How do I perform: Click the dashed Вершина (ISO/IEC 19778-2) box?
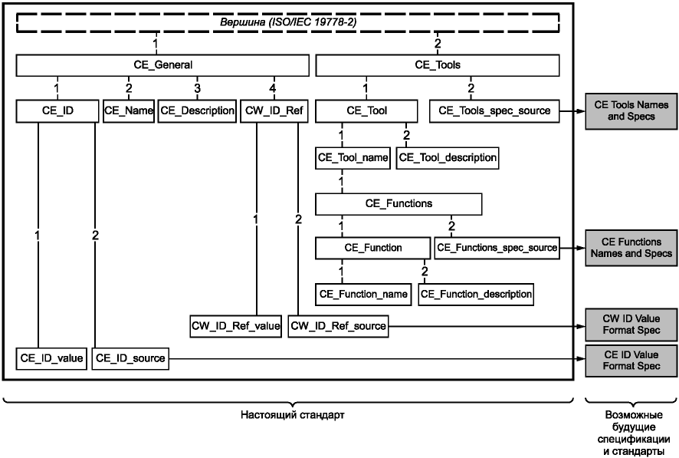click(x=288, y=22)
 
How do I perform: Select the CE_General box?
click(x=162, y=65)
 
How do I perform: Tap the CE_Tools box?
click(x=438, y=65)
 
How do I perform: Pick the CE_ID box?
click(x=57, y=111)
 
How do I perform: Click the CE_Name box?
click(x=129, y=111)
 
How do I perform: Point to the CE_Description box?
click(x=197, y=111)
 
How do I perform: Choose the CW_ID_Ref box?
click(x=274, y=111)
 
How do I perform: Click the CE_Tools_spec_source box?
click(x=494, y=111)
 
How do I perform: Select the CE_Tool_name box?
click(x=353, y=158)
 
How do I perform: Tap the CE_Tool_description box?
click(x=448, y=158)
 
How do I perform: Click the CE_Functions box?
click(x=399, y=204)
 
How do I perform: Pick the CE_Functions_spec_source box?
click(x=497, y=248)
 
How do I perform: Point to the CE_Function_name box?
click(x=363, y=295)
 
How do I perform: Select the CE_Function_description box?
click(x=476, y=295)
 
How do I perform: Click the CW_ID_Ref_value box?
click(x=235, y=326)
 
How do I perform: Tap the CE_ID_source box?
click(x=130, y=358)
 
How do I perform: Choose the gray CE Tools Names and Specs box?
click(x=631, y=111)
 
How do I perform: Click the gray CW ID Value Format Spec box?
click(x=631, y=325)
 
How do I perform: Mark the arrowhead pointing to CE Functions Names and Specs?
click(x=581, y=249)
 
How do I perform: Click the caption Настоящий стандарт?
click(x=293, y=415)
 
